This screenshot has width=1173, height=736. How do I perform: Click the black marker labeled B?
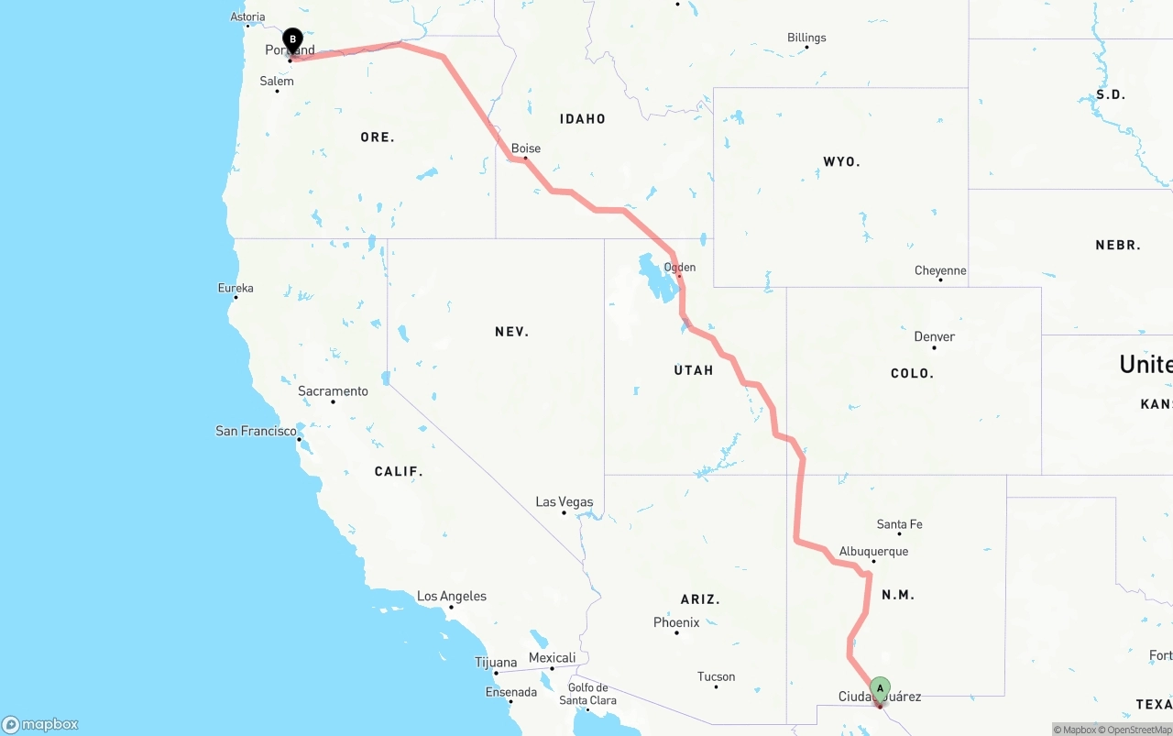point(292,40)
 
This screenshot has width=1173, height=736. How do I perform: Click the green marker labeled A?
point(880,688)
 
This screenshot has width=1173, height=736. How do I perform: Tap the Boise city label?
point(526,148)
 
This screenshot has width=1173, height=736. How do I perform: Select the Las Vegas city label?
point(565,502)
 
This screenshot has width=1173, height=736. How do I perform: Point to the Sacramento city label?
point(333,391)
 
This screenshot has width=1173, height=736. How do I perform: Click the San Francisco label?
point(256,431)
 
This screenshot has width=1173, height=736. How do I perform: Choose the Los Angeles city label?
point(452,597)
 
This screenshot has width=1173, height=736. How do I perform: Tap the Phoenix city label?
point(676,623)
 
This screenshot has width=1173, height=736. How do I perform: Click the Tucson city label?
point(716,677)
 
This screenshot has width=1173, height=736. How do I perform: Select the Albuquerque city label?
point(873,552)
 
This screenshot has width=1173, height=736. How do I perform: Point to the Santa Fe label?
point(899,525)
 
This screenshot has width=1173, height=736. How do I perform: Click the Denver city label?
point(934,337)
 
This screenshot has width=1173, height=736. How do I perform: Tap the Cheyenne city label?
point(940,271)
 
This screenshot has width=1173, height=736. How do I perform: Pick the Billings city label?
point(806,38)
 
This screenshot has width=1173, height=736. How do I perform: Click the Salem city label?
point(277,82)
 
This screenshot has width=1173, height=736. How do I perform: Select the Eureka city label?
point(236,288)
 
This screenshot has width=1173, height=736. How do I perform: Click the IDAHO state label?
point(583,119)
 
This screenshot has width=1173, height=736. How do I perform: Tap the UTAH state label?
point(693,370)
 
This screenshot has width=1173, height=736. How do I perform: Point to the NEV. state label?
point(511,332)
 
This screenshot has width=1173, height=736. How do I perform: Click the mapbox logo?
point(40,724)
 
